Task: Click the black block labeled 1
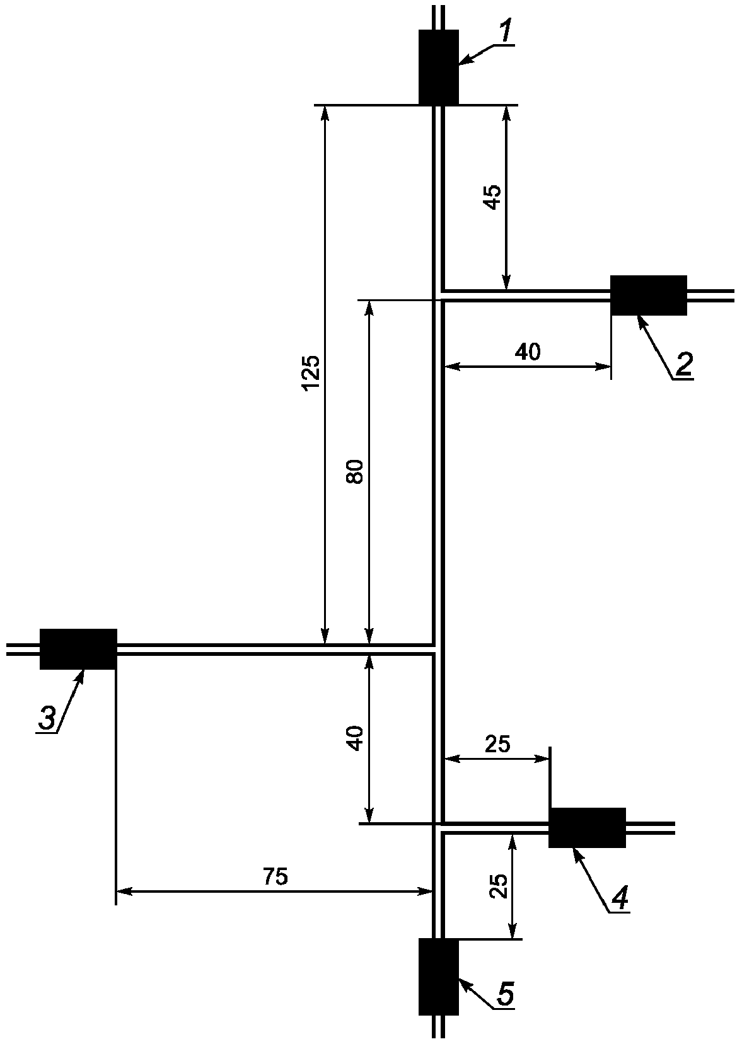pyautogui.click(x=438, y=67)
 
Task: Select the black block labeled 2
pyautogui.click(x=648, y=295)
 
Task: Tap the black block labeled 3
pyautogui.click(x=78, y=649)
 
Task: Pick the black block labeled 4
pyautogui.click(x=587, y=827)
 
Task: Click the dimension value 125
pyautogui.click(x=311, y=372)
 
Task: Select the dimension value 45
pyautogui.click(x=492, y=197)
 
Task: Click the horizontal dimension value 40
pyautogui.click(x=528, y=352)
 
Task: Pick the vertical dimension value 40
pyautogui.click(x=356, y=738)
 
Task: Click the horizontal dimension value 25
pyautogui.click(x=497, y=744)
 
